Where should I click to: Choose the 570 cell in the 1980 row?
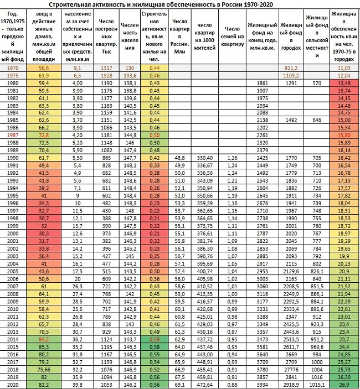[317, 82]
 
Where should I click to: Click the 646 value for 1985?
[317, 119]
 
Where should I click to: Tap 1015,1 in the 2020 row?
[317, 384]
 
